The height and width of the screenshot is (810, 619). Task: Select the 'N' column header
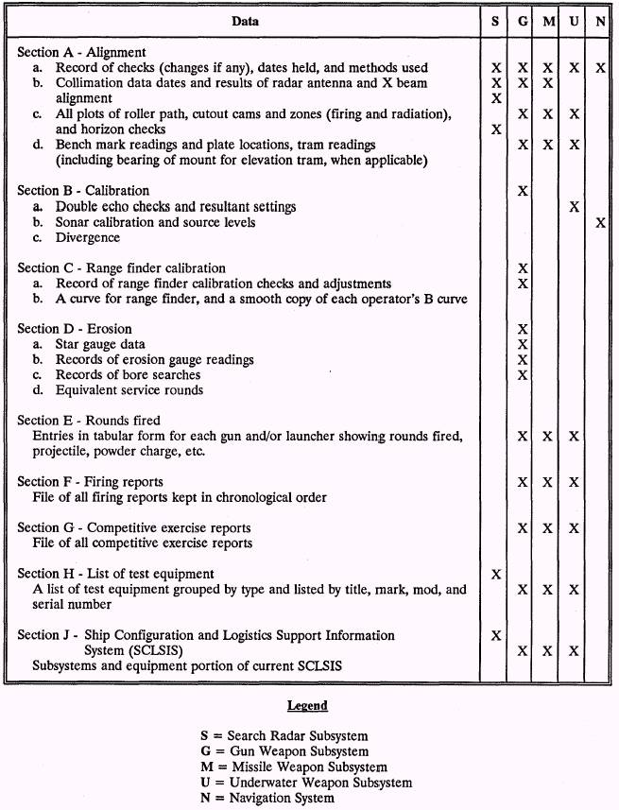(x=601, y=21)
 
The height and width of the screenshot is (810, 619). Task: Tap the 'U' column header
(x=575, y=21)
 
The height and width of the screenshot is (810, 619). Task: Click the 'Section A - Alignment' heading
(x=81, y=53)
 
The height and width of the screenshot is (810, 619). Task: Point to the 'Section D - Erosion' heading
(x=76, y=329)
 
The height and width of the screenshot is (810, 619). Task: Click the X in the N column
(x=601, y=68)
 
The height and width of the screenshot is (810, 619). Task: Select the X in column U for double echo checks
(x=575, y=206)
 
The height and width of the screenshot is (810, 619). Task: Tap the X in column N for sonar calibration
(x=601, y=222)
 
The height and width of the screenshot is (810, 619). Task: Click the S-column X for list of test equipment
(x=496, y=574)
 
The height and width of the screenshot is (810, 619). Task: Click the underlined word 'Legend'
(x=308, y=705)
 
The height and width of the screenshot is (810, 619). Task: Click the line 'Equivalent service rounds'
(x=129, y=389)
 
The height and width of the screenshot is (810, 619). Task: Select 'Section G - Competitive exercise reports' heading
(x=134, y=527)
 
